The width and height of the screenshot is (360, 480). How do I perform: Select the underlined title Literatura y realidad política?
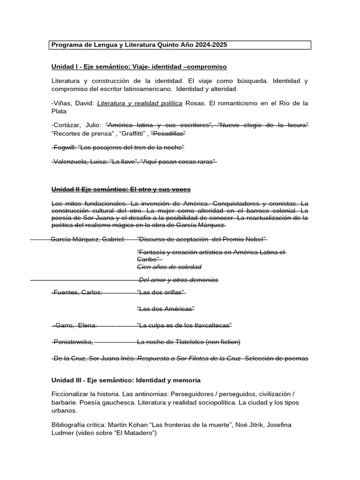(x=140, y=103)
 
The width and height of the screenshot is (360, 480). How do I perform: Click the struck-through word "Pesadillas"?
(x=168, y=133)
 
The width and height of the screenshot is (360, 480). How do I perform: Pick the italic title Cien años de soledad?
(x=169, y=267)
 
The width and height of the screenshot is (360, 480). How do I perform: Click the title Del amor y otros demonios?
(x=178, y=280)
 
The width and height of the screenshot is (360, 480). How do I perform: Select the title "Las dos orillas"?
(x=161, y=292)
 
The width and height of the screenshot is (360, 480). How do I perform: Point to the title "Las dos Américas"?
(x=165, y=308)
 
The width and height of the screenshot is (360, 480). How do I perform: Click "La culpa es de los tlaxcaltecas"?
(x=184, y=325)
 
